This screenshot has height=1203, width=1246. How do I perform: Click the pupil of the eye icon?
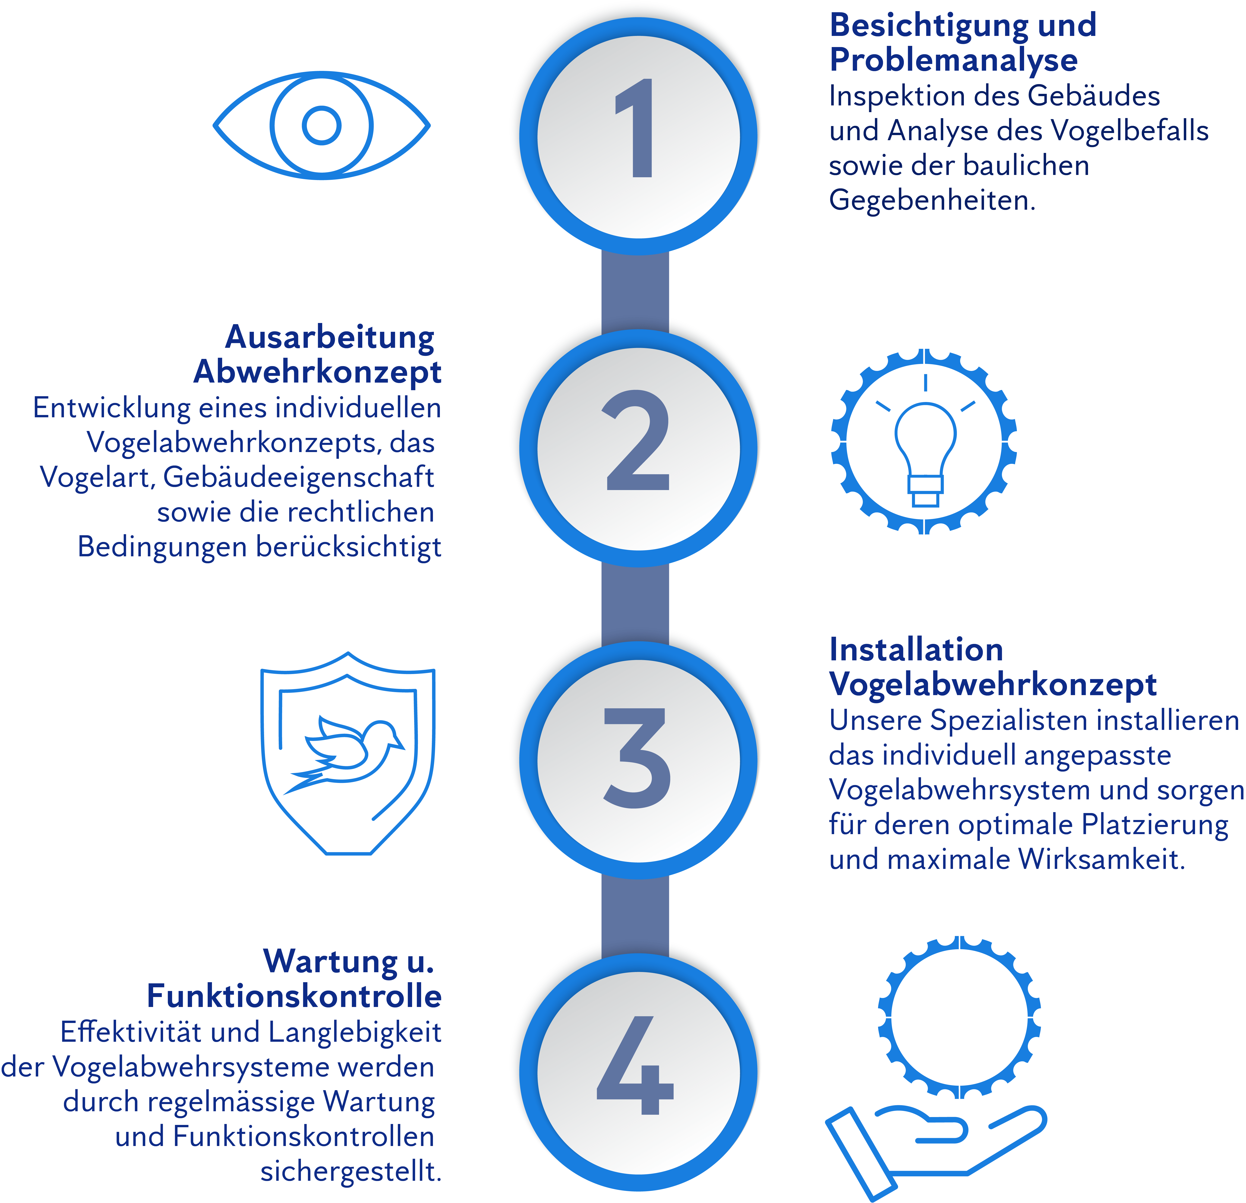pyautogui.click(x=322, y=125)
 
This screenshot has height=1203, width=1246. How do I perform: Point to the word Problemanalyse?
pyautogui.click(x=954, y=60)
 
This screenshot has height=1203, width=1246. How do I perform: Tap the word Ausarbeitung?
pyautogui.click(x=329, y=337)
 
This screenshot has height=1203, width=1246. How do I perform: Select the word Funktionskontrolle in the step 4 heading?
pyautogui.click(x=294, y=996)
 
